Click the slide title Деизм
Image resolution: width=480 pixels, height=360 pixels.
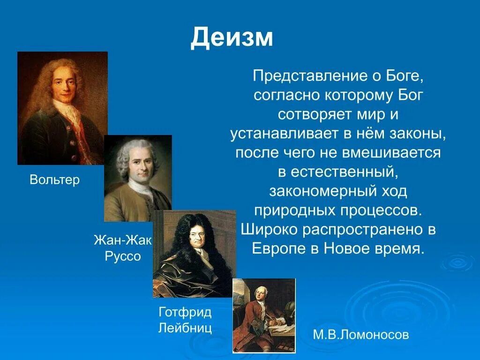232,37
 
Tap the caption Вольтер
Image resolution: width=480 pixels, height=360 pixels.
55,180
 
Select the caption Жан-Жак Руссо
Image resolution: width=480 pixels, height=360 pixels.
123,248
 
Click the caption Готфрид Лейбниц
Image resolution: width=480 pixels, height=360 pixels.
185,320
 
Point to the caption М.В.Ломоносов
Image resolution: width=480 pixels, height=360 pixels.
361,335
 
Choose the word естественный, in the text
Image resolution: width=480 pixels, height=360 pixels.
345,172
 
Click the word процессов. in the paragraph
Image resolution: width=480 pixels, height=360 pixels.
379,210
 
